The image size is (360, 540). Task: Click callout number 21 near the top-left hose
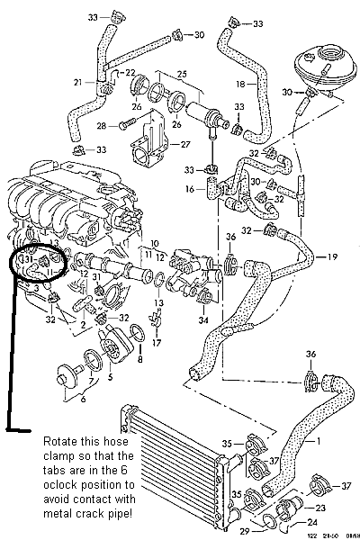tap(79, 83)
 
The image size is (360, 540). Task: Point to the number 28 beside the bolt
tap(102, 125)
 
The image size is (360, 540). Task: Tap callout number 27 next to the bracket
tap(184, 143)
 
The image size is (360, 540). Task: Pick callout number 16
tap(190, 190)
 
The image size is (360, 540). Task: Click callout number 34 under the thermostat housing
tap(202, 320)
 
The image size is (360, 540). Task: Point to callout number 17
tap(157, 343)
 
